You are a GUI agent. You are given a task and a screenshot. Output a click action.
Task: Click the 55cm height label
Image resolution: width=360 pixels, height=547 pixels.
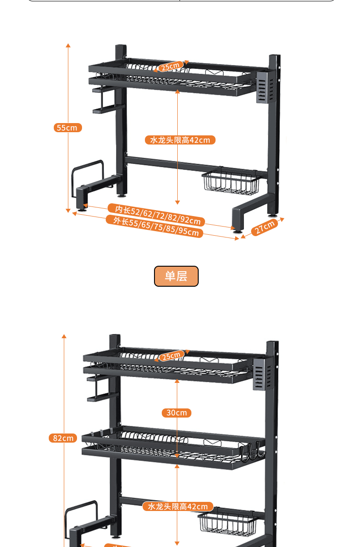tap(68, 128)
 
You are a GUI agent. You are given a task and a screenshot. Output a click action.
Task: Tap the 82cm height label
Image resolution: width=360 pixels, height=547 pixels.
tap(63, 438)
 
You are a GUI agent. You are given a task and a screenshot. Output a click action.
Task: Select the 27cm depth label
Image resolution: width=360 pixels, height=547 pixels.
tap(265, 227)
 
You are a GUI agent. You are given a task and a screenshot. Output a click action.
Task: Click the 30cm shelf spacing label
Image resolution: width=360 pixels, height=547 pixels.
tap(176, 413)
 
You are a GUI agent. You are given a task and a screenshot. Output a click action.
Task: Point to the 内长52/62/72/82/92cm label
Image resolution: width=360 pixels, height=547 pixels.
tap(157, 215)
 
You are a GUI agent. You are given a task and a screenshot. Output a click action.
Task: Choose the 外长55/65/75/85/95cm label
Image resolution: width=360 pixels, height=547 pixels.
tap(154, 227)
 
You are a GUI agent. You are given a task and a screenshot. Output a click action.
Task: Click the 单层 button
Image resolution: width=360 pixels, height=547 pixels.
tap(176, 276)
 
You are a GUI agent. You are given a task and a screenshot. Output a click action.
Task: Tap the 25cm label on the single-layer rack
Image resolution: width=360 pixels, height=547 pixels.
tap(170, 67)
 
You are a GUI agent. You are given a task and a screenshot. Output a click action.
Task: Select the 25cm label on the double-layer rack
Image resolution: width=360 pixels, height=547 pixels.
tap(171, 356)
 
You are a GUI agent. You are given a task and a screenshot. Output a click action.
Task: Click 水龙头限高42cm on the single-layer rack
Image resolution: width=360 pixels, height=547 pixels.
tap(180, 140)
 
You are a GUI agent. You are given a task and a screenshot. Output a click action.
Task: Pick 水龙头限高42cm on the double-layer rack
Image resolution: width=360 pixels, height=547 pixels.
tap(178, 506)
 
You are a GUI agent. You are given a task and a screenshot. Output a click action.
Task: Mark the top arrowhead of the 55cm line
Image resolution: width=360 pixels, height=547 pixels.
tap(68, 46)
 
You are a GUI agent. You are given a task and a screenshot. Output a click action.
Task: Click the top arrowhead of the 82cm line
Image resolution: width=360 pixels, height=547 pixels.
tap(64, 336)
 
